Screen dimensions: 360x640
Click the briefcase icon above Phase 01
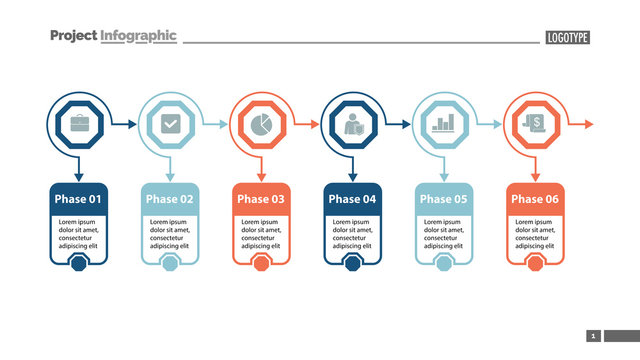[x=77, y=125]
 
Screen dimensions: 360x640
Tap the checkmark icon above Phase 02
[x=169, y=125]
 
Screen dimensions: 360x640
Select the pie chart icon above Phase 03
[x=261, y=125]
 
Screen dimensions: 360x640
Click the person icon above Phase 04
[x=352, y=125]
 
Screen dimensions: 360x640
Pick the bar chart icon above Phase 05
[x=444, y=125]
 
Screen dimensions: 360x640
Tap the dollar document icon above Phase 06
[x=535, y=125]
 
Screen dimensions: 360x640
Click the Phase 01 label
[x=77, y=199]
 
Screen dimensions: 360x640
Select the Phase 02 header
[x=169, y=199]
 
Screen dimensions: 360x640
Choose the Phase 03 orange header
[x=261, y=199]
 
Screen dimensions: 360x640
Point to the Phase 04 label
[x=352, y=199]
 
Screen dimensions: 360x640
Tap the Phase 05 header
[x=444, y=199]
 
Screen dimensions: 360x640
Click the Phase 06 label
[x=535, y=199]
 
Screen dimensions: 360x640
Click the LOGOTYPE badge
[x=567, y=38]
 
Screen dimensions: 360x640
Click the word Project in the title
[x=73, y=36]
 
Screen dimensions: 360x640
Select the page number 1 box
[x=593, y=336]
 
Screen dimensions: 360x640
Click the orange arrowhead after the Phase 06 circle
[x=588, y=124]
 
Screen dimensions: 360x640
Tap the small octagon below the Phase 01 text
[x=77, y=263]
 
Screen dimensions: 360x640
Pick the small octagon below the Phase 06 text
[x=535, y=263]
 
